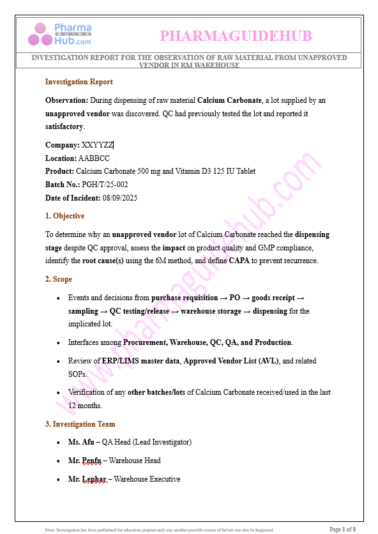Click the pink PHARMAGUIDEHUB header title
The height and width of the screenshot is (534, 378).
(x=236, y=36)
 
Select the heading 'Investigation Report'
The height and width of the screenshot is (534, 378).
(x=79, y=82)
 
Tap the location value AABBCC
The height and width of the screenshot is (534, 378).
(x=94, y=158)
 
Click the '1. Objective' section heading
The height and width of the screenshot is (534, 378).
(x=64, y=216)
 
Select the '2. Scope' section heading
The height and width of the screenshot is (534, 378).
(x=58, y=279)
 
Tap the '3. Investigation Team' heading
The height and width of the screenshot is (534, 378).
(x=80, y=424)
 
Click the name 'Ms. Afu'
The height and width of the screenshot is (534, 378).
(x=80, y=442)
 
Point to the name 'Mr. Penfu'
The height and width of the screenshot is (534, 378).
(x=83, y=461)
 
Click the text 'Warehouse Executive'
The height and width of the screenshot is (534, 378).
(x=147, y=479)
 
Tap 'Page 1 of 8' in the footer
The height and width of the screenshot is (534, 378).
(x=342, y=529)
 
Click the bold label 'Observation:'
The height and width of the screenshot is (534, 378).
(x=66, y=100)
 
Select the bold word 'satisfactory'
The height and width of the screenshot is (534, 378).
(x=64, y=127)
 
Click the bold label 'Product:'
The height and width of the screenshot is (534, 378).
(x=59, y=171)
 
